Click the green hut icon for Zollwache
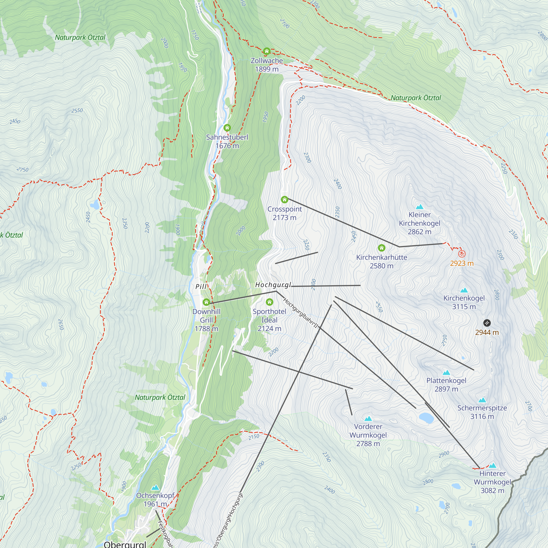266,51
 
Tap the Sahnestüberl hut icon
227,128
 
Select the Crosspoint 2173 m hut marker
284,200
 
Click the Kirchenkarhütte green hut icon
381,248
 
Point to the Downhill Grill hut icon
206,302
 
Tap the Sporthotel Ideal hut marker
269,302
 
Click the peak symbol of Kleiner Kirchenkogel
419,207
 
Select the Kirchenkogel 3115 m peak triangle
464,290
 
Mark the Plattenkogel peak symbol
446,372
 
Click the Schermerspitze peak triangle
482,400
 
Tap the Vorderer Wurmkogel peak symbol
368,419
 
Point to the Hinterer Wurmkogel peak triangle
493,466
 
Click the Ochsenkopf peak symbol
155,488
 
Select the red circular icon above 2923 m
462,253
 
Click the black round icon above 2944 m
487,323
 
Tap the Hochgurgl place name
273,285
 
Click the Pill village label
201,287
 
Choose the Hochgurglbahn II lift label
301,313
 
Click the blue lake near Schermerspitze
426,418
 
